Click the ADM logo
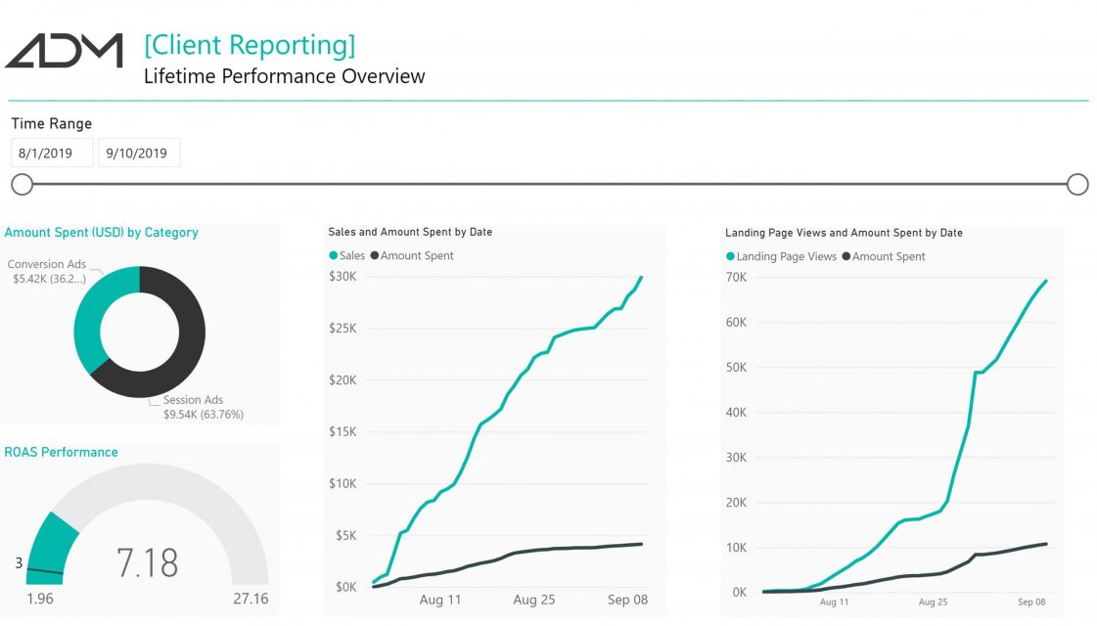64,50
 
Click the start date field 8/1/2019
52,154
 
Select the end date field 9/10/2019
139,154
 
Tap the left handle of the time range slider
23,185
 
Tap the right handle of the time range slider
1077,185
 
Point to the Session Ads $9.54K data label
204,407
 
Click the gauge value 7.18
147,562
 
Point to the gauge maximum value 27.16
251,599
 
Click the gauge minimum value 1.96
40,599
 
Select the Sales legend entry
347,256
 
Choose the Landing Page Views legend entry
782,256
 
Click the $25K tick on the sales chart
343,328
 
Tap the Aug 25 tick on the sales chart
533,600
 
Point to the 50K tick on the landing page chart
736,367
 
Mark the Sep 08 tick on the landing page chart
1031,602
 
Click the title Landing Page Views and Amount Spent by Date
844,233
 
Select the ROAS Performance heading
61,452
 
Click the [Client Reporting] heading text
250,45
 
